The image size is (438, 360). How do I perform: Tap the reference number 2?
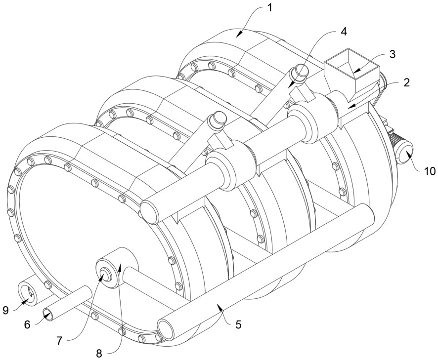[406, 82]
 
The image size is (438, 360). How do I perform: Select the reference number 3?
[392, 54]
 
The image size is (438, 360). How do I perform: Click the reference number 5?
[238, 325]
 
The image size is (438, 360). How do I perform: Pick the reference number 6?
[28, 324]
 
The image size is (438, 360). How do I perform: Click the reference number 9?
[5, 310]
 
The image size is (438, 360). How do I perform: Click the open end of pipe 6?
[49, 314]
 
